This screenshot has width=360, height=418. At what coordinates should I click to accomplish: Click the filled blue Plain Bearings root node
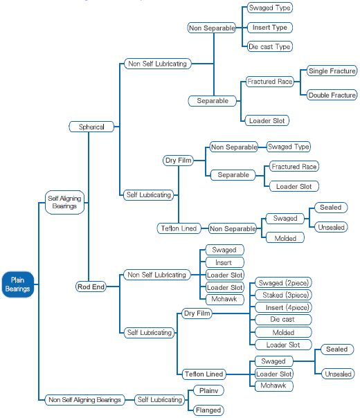point(18,284)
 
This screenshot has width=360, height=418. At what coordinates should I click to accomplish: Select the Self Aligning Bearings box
point(64,202)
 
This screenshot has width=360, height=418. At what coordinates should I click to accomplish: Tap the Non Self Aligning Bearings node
point(84,400)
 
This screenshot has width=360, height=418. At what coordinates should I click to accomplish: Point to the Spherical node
point(91,127)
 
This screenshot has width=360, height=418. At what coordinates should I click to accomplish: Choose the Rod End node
point(91,287)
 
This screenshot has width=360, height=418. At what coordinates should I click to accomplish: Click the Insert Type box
point(270,28)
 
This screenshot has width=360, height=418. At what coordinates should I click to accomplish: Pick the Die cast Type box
point(269,46)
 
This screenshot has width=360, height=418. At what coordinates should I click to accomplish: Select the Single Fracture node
point(332,71)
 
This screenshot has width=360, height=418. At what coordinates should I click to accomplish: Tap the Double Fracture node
point(332,96)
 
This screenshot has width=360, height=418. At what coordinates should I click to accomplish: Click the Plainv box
point(208,390)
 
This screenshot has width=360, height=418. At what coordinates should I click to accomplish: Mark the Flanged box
point(208,410)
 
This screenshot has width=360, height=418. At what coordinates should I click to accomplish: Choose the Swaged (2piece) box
point(283,282)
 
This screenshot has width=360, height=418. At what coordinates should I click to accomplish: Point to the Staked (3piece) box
point(283,295)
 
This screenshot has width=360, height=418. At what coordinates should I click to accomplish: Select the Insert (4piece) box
point(283,307)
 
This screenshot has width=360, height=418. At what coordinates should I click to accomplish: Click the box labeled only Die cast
point(283,319)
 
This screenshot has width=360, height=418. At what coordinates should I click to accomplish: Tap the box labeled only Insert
point(225,262)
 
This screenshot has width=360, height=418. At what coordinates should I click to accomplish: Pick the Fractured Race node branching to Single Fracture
point(269,81)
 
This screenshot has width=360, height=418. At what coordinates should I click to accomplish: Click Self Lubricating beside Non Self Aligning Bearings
point(159,400)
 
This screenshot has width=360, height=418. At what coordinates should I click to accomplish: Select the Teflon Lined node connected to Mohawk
point(204,374)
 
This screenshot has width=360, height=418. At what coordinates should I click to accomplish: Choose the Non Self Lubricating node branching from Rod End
point(156,275)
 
